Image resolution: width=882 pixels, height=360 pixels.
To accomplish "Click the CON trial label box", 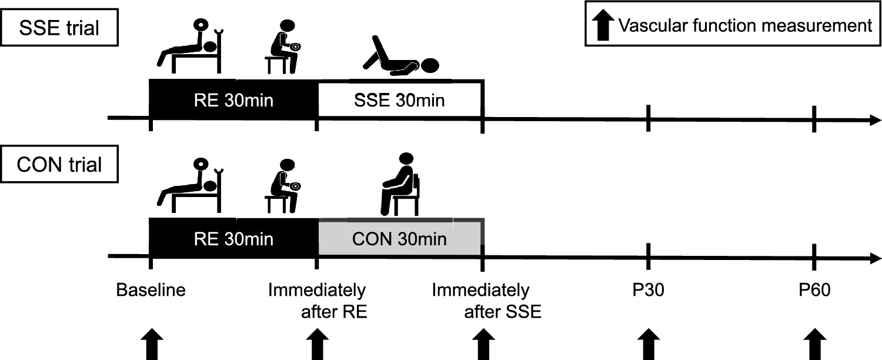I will (59, 165).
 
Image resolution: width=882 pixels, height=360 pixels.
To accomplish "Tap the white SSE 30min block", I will (400, 100).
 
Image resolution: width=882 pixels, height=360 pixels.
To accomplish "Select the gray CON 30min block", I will (400, 239).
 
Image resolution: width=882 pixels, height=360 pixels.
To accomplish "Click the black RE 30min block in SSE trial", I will (233, 100).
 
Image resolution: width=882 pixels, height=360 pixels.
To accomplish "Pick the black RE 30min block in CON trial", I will (233, 239).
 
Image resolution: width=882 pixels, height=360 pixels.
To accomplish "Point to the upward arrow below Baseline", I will (152, 345).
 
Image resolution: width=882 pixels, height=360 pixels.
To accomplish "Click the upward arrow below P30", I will (648, 345).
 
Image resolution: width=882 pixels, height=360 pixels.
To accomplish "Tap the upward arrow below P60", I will (814, 345).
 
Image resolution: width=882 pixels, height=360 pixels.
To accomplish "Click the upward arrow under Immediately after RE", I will (318, 345).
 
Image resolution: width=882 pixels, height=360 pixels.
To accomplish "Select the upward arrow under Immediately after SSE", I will (484, 345).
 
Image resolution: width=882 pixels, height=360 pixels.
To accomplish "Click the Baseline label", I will (151, 291).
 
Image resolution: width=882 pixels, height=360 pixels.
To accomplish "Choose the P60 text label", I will (814, 291).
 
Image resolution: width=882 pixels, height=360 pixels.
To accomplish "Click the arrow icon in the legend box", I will (602, 26).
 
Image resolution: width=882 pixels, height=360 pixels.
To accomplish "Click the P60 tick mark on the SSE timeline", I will (814, 119).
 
